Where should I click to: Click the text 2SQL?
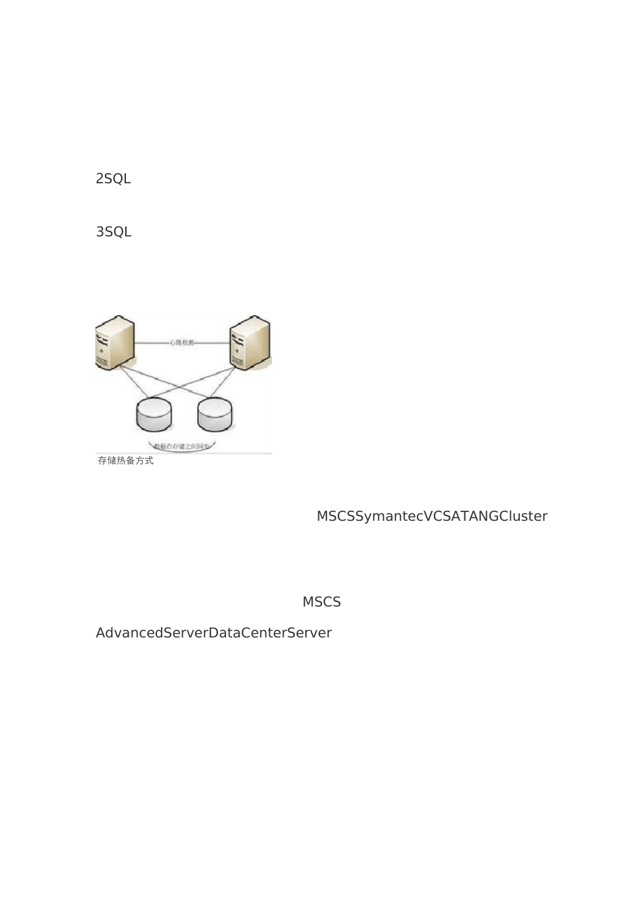tap(113, 179)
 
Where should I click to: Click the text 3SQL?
tap(113, 232)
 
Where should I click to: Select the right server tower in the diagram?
tap(250, 342)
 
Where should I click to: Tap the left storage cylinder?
tap(154, 415)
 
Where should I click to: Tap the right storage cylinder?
tap(215, 415)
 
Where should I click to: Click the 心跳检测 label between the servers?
tap(182, 344)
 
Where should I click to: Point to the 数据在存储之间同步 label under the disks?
tap(183, 446)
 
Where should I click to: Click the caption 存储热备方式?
tap(126, 461)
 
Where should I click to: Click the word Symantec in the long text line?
tap(389, 517)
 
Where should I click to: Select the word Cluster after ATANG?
tap(523, 517)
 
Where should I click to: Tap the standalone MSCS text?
tap(321, 602)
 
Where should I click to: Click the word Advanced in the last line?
tap(129, 633)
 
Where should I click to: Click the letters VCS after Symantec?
tap(437, 517)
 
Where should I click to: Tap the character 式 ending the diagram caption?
tap(149, 461)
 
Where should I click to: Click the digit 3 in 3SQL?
tap(99, 232)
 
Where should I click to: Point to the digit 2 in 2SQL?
tap(99, 179)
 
